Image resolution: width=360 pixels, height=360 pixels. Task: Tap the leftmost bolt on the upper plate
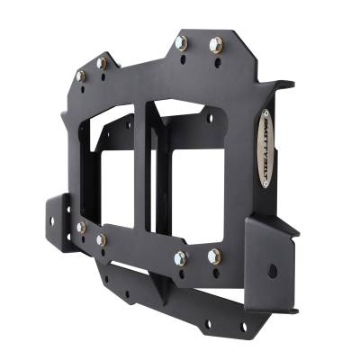coord(80,76)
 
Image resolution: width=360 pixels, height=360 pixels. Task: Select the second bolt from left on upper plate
coord(102,63)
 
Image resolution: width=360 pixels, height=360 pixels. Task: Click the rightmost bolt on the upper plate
coord(215,43)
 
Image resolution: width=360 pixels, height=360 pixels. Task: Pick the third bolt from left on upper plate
coord(182,42)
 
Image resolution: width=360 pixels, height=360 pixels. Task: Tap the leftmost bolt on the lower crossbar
coord(80,228)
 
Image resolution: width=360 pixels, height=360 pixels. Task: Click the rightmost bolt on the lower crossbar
coord(214,256)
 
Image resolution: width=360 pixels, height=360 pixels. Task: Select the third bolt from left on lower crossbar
coord(181,258)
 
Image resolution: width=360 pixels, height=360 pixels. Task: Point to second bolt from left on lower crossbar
coord(101,239)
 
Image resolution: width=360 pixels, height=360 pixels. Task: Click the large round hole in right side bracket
coord(272,269)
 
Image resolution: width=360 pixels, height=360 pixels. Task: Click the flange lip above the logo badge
coord(282,85)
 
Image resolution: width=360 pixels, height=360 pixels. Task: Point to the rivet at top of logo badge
coord(265,114)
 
